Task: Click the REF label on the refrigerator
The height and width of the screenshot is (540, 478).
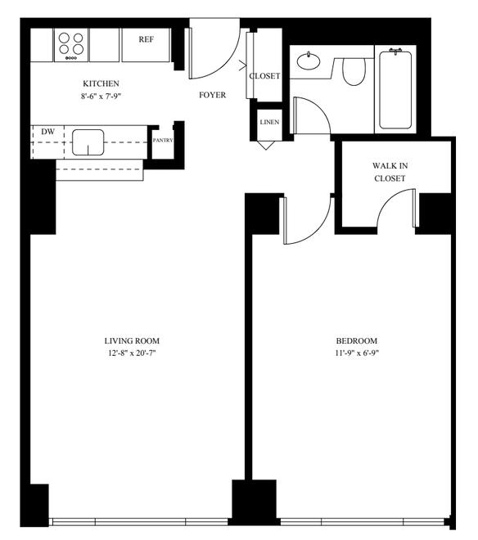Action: (147, 39)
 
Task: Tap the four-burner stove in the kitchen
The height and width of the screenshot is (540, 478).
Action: (71, 46)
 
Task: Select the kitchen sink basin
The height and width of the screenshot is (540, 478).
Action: (88, 142)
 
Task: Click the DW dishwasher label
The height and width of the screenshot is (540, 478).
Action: (48, 132)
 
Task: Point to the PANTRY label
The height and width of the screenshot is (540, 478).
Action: (163, 141)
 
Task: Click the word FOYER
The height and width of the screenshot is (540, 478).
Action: (212, 95)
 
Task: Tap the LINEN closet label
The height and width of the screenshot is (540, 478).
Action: (269, 122)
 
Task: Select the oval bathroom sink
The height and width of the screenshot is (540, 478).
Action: (309, 61)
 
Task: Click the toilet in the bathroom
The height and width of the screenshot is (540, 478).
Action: (354, 71)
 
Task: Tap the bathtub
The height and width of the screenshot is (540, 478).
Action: (395, 89)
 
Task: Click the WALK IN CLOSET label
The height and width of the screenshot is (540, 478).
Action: (390, 172)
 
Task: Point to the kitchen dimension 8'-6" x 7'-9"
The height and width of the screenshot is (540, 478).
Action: (101, 97)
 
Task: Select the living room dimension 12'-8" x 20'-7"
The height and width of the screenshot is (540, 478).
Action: (132, 353)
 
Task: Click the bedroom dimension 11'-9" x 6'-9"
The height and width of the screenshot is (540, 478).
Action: (357, 353)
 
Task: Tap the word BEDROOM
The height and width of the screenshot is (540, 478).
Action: (357, 341)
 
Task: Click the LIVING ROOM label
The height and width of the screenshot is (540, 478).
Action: (132, 341)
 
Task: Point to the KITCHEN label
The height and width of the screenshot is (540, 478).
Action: (101, 83)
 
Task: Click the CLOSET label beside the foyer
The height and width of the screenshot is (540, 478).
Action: (264, 76)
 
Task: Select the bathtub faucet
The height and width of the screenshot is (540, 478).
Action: (395, 51)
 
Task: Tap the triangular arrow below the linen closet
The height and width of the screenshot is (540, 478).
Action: (266, 145)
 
